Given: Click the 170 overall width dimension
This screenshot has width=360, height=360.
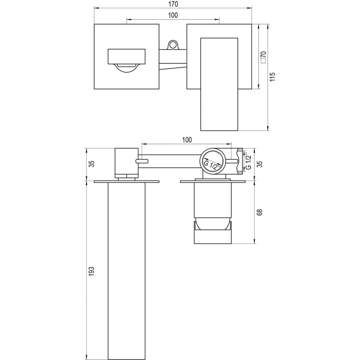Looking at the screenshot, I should (173, 4).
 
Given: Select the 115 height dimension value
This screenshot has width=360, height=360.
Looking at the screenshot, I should (273, 77).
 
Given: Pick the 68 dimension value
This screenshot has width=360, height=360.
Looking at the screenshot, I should (260, 211).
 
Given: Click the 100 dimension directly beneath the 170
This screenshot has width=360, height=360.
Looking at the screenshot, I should (173, 15).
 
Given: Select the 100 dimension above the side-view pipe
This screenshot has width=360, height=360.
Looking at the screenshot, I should (187, 140).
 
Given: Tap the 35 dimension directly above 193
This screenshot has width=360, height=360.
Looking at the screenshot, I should (91, 164).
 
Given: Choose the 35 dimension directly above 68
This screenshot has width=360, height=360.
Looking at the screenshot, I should (260, 164).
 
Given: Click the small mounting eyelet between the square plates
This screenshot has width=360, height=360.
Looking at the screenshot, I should (173, 45).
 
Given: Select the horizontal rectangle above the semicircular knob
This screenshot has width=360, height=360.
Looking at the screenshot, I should (127, 56).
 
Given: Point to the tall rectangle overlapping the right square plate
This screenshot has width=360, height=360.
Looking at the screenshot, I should (219, 84).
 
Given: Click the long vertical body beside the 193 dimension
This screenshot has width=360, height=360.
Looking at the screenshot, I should (126, 270).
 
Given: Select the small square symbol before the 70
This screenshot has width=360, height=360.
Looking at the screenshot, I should (263, 61).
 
